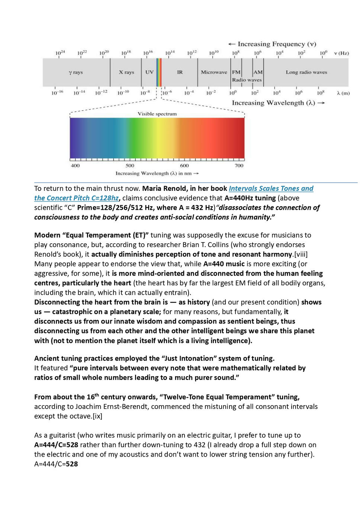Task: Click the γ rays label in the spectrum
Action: (76, 72)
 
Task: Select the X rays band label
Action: (126, 72)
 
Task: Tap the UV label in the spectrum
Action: (150, 72)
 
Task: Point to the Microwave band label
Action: (214, 72)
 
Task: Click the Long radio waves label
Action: (306, 72)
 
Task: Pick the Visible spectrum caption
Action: (157, 114)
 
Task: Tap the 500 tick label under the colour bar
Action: (130, 166)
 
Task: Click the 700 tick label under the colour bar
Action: (239, 166)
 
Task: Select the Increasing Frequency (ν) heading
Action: (272, 44)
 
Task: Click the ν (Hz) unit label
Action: (341, 53)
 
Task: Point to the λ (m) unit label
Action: (343, 93)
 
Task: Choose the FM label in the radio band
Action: (236, 72)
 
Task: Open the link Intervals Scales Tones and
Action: (271, 189)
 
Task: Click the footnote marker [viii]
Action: (300, 254)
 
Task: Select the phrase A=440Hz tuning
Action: (250, 198)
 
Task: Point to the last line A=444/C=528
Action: (56, 464)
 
